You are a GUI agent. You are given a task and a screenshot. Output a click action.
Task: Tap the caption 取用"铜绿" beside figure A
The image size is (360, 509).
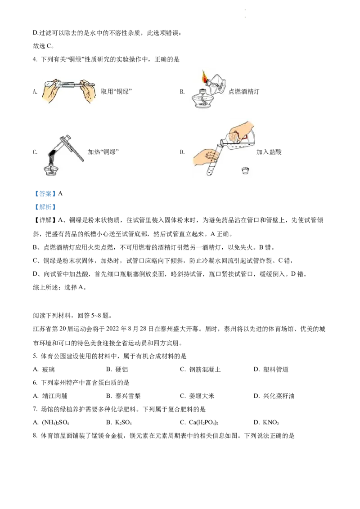click(116, 92)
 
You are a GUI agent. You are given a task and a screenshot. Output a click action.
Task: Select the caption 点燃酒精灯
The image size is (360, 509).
click(244, 92)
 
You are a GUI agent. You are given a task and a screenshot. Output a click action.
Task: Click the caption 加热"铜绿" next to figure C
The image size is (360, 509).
click(103, 152)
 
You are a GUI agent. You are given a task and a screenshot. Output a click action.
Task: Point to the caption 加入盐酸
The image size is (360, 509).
click(269, 152)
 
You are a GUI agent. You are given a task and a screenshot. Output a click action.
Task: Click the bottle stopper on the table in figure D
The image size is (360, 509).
click(246, 170)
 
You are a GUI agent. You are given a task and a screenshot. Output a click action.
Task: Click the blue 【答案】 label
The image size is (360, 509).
click(45, 194)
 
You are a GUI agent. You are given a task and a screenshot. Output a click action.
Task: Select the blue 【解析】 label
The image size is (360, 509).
click(45, 207)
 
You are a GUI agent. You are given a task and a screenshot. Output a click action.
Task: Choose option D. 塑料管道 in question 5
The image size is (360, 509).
click(271, 370)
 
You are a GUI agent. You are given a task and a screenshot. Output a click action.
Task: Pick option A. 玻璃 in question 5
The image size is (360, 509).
click(44, 370)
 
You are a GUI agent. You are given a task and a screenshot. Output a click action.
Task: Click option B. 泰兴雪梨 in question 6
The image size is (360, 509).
click(123, 396)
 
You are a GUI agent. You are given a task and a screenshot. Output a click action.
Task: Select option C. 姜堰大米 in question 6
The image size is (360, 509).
click(197, 396)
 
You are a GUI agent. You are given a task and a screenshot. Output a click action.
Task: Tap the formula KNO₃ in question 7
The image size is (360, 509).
click(271, 423)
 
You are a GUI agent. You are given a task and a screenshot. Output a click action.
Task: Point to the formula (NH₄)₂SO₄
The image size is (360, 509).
click(55, 423)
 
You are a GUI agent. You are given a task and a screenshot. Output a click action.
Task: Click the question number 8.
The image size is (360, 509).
click(35, 436)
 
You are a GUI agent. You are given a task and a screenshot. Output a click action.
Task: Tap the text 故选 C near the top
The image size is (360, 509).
click(43, 46)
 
